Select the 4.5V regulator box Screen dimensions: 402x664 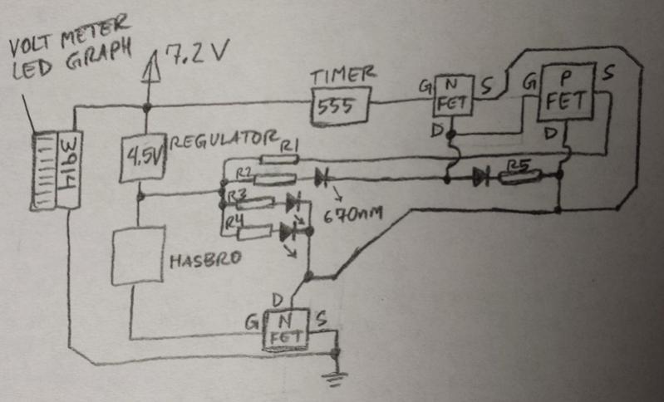pos(143,158)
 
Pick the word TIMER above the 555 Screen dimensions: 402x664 pos(337,77)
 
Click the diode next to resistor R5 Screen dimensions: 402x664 pos(480,176)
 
